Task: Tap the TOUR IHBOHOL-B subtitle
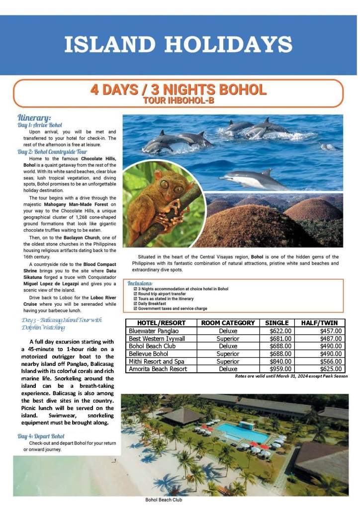[179, 101]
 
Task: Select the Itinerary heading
[34, 117]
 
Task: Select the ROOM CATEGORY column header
[228, 323]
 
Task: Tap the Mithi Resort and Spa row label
[157, 361]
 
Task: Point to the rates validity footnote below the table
[291, 376]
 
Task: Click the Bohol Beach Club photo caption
[164, 500]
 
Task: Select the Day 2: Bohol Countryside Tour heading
[52, 152]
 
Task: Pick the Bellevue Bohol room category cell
[228, 353]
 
